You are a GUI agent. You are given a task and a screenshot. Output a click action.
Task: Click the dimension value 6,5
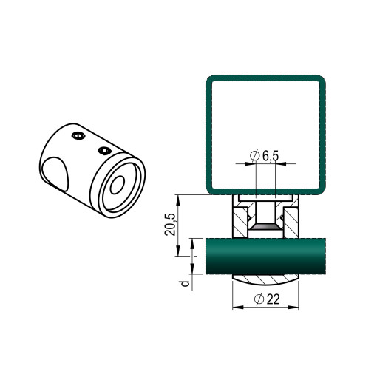(x=271, y=156)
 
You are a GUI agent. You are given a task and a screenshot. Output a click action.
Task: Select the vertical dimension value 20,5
(x=170, y=225)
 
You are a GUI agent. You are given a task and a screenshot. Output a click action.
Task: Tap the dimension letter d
(x=185, y=283)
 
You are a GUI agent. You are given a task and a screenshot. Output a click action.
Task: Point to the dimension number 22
(x=274, y=299)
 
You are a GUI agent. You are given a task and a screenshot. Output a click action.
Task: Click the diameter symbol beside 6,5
(x=255, y=156)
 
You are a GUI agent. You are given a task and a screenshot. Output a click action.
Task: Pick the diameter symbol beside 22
(x=259, y=299)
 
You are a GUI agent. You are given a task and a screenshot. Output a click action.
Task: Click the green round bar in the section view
(x=265, y=256)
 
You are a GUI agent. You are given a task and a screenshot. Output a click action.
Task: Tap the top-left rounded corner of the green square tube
(x=210, y=79)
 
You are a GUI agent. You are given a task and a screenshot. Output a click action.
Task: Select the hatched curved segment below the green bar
(x=265, y=279)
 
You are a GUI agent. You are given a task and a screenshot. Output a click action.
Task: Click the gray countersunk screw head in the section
(x=265, y=227)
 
